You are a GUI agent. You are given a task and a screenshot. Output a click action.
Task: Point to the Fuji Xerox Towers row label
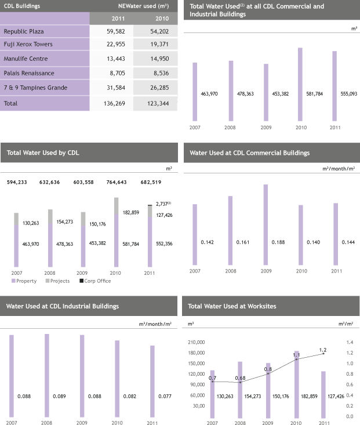[x=28, y=45]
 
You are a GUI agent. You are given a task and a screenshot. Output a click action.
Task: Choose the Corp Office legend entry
[x=95, y=281]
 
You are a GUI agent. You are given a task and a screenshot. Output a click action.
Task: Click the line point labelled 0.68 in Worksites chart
[x=239, y=382]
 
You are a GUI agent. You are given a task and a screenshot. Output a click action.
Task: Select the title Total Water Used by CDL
[x=43, y=153]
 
